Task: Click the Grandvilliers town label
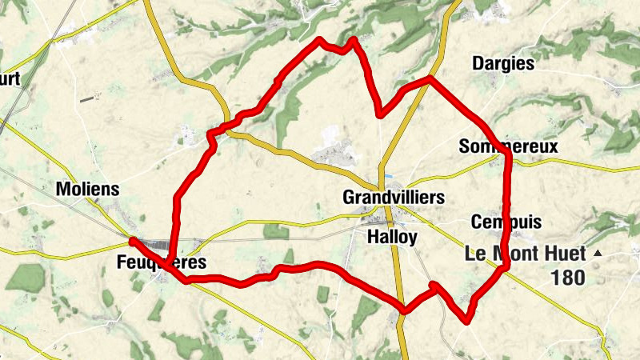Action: point(393,197)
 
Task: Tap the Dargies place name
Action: point(503,63)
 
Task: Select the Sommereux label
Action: point(508,146)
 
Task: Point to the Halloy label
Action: point(392,237)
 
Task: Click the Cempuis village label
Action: point(507,222)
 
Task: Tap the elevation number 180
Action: point(568,278)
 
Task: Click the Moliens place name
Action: point(88,190)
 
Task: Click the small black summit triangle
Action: point(597,254)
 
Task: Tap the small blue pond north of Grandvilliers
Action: point(389,175)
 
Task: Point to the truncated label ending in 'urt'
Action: point(10,78)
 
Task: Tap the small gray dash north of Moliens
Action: point(86,99)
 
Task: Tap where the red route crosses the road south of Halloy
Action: point(404,310)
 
